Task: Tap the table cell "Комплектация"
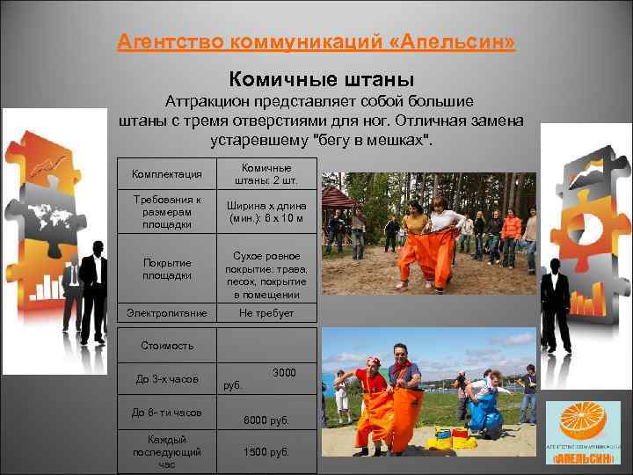167,174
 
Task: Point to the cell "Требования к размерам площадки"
167,212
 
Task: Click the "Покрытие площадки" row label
167,269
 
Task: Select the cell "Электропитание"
167,313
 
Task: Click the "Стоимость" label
167,346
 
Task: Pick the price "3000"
284,373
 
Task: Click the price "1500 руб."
266,452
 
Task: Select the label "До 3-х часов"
167,379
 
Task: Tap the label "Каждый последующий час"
167,451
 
